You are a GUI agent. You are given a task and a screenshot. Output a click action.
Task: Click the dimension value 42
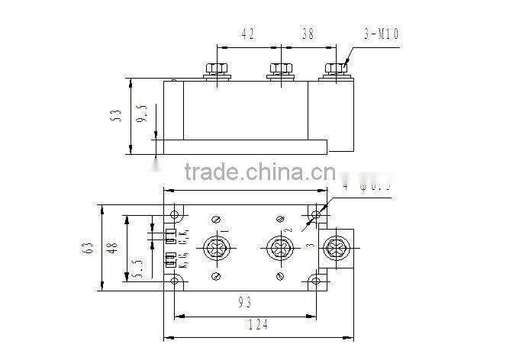tap(247, 34)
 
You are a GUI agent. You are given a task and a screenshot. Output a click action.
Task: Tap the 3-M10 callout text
tap(381, 34)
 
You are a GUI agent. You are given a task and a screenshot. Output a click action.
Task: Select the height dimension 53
tap(117, 115)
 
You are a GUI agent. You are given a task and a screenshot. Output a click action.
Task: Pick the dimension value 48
tap(114, 249)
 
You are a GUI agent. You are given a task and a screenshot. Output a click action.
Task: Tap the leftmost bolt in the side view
tap(217, 69)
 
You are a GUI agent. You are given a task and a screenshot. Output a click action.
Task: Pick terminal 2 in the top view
tap(277, 248)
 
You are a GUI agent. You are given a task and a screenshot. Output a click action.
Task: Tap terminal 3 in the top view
tap(335, 248)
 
